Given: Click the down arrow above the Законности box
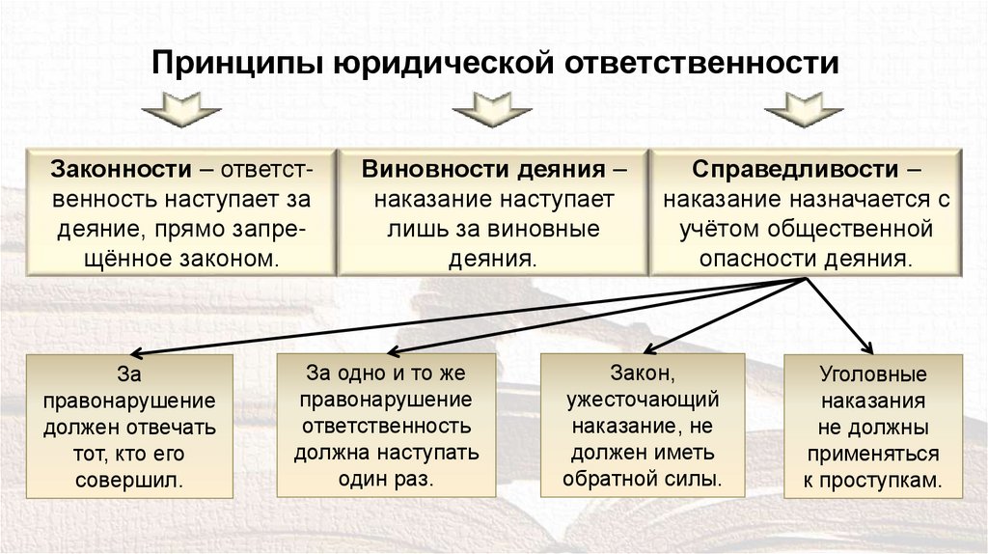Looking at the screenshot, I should coord(182,110).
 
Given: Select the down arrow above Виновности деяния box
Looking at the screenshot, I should coord(492,110).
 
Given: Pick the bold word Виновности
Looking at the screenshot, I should coord(421,170).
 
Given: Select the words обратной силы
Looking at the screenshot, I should coord(642,478).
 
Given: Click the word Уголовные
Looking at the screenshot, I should coord(872,374).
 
